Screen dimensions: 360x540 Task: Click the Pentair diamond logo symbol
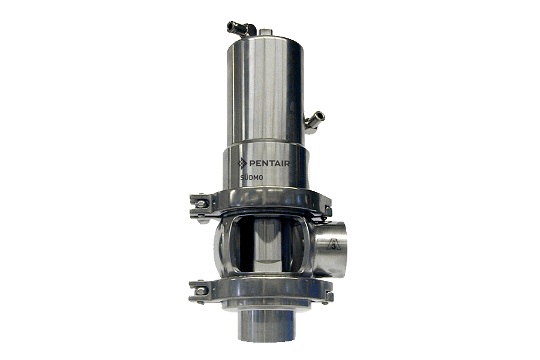(x=242, y=163)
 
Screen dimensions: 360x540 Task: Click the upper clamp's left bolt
(x=200, y=205)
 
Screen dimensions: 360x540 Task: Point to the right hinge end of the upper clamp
(x=327, y=205)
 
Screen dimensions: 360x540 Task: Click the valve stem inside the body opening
(x=266, y=242)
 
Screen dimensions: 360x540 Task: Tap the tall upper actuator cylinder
(x=267, y=90)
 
